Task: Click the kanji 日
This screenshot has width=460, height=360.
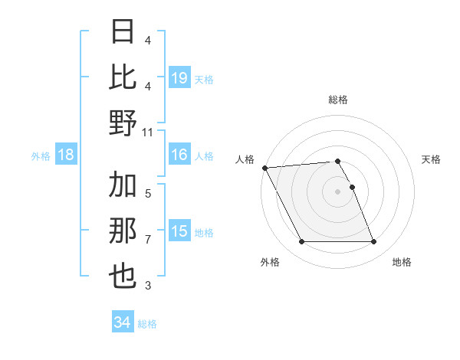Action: click(123, 31)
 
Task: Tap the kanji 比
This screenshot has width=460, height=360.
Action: click(123, 77)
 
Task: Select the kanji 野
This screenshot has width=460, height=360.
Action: click(123, 123)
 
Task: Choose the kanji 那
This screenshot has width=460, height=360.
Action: click(123, 231)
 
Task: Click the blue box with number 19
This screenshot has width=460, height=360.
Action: click(179, 77)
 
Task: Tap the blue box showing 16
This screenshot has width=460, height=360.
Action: click(179, 155)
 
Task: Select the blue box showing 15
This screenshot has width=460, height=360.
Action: click(179, 231)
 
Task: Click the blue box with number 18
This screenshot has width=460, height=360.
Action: click(65, 155)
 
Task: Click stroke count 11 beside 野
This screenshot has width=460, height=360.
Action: click(148, 133)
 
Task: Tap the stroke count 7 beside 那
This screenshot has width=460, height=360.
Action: click(148, 240)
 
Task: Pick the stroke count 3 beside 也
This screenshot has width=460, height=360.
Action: click(148, 286)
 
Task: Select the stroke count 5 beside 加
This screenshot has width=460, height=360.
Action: click(148, 193)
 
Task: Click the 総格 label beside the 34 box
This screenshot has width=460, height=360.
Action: click(147, 324)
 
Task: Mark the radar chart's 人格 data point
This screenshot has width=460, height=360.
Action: click(264, 168)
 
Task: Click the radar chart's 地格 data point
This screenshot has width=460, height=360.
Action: click(373, 242)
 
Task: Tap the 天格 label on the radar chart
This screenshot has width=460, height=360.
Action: click(432, 159)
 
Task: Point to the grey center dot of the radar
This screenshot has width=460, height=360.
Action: click(337, 191)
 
